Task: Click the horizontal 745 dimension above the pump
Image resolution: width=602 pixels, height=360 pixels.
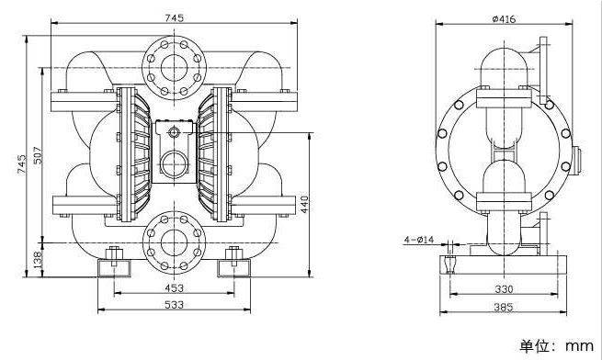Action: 175,18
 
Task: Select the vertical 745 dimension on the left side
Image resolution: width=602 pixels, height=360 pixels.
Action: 21,163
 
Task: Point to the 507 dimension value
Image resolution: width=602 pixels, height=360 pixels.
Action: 38,155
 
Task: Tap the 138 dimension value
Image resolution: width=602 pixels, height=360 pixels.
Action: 38,260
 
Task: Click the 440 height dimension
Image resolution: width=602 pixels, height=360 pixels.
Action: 304,205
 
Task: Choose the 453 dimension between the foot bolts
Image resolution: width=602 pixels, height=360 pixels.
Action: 174,287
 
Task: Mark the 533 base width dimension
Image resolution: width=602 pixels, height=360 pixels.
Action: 174,305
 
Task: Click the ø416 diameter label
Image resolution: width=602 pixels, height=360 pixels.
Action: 504,18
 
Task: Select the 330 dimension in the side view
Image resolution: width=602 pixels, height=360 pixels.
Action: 504,289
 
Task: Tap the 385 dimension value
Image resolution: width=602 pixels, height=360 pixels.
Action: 504,307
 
